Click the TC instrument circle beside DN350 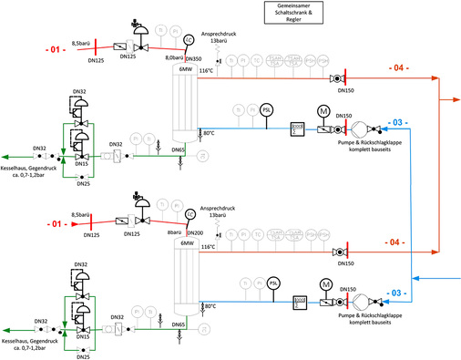point(189,40)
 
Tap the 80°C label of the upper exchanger point(209,133)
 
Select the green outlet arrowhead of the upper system point(6,157)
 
